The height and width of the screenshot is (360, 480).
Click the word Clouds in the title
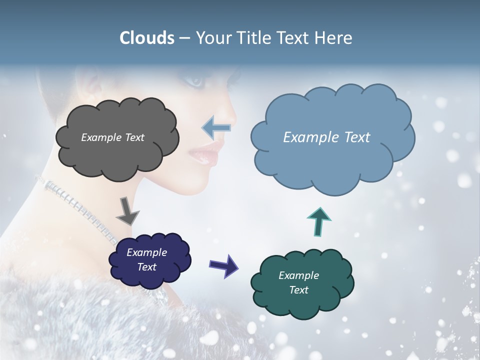tap(147, 38)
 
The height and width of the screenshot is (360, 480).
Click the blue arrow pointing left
tap(216, 128)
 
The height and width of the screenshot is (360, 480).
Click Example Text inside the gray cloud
tap(112, 137)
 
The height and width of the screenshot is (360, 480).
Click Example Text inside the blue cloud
tap(326, 137)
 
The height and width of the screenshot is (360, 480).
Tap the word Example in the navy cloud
tap(146, 252)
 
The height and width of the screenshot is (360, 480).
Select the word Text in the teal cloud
tap(298, 290)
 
